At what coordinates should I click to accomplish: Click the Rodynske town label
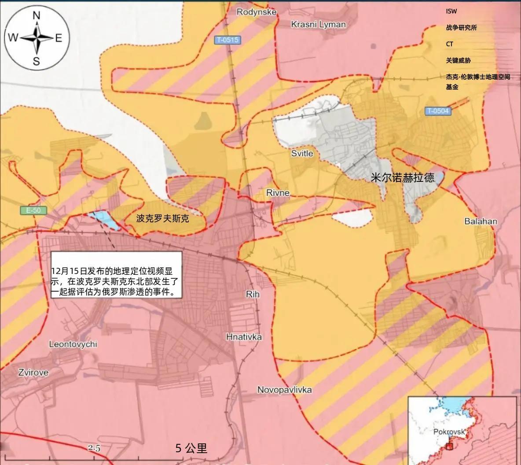point(257,12)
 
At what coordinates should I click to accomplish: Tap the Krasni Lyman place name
point(318,24)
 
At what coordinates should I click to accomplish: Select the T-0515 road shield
point(227,40)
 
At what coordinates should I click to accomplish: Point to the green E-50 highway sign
point(33,210)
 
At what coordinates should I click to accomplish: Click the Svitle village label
point(302,153)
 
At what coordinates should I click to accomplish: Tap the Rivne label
point(278,193)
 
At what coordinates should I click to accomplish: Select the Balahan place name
point(481,221)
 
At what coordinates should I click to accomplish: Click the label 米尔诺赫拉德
point(403,177)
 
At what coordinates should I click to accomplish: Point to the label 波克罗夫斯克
point(162,218)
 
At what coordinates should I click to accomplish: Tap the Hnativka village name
point(244,337)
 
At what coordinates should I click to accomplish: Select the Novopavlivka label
point(284,390)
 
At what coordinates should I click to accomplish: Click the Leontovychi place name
point(73,344)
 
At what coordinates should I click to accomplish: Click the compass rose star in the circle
point(37,38)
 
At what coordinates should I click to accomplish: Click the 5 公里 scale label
point(191,448)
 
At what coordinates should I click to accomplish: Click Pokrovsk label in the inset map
point(449,432)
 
